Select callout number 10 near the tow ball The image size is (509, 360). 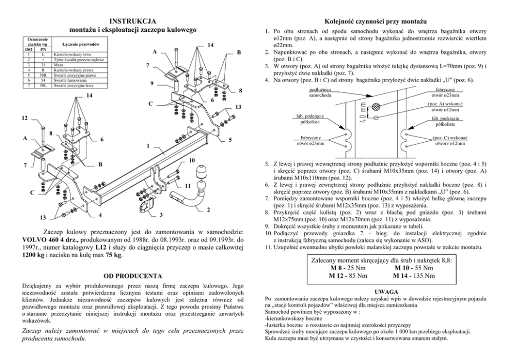[191, 161]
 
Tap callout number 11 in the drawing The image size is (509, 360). [188, 184]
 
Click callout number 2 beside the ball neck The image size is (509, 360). [209, 210]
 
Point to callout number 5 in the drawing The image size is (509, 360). [230, 140]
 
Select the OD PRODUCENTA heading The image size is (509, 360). [133, 276]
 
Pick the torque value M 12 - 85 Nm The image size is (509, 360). [348, 276]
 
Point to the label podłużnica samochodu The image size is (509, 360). [320, 92]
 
